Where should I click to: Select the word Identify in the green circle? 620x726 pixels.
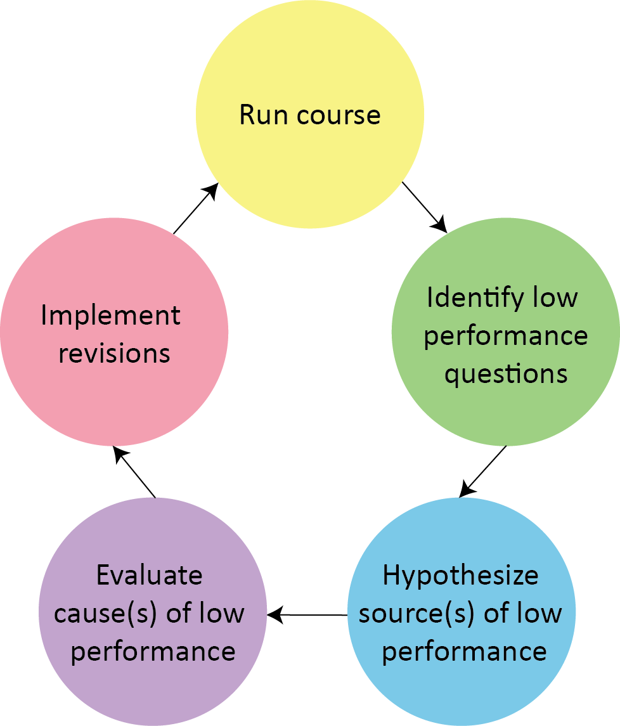click(467, 298)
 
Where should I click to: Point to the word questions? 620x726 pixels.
click(505, 374)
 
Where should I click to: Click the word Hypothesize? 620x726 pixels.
click(461, 576)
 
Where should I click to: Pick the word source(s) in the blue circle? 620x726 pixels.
click(417, 614)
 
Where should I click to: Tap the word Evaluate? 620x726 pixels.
click(150, 576)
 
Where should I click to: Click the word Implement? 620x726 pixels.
click(111, 316)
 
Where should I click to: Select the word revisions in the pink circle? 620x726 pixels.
click(114, 354)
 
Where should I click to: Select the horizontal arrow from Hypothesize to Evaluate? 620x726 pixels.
click(307, 614)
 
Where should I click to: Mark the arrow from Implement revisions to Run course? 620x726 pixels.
click(196, 209)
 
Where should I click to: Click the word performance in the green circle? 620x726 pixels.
click(505, 336)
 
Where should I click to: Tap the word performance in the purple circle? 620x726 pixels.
click(153, 652)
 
